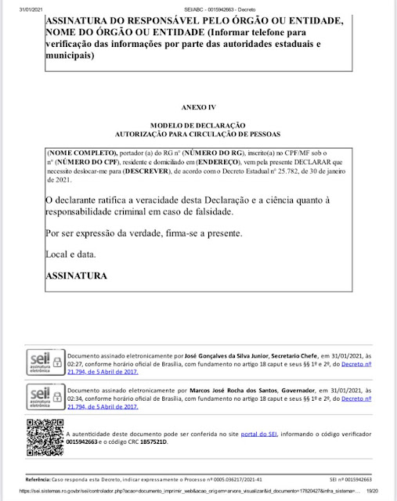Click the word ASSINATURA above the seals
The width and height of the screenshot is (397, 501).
click(x=76, y=276)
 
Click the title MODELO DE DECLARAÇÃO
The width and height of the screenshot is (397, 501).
click(x=198, y=125)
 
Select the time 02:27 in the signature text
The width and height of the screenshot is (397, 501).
click(x=75, y=364)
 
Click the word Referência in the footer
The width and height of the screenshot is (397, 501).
click(x=39, y=478)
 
